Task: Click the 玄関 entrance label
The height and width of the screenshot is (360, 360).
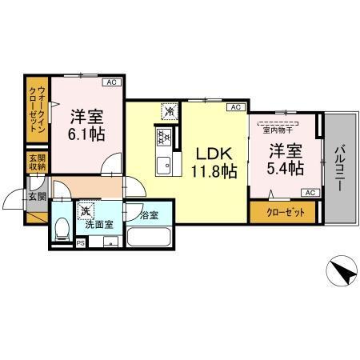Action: click(37, 196)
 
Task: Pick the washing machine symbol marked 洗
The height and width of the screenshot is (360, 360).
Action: click(86, 212)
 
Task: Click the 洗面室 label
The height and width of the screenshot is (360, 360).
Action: click(98, 225)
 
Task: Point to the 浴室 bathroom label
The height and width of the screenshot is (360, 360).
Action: click(149, 214)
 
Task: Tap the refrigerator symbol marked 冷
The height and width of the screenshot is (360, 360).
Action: click(169, 112)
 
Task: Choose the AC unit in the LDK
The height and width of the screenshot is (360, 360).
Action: click(235, 107)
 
